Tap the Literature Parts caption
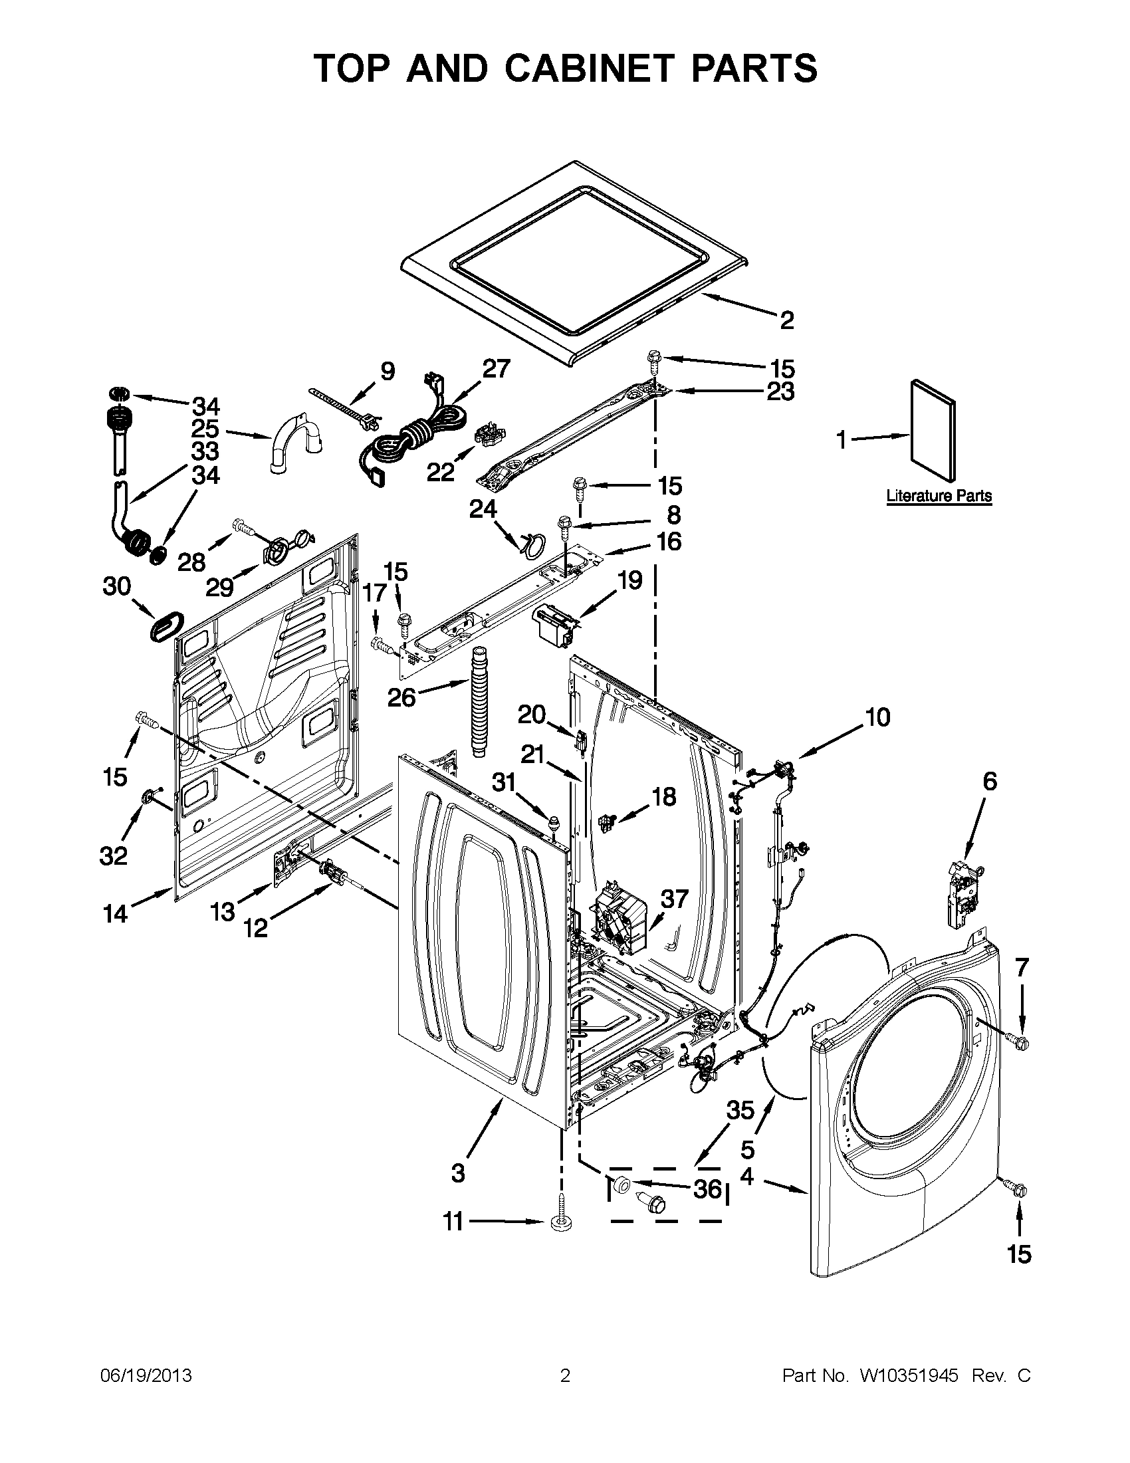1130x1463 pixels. click(x=939, y=497)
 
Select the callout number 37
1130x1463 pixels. click(x=674, y=899)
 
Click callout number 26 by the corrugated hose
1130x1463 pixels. click(x=402, y=697)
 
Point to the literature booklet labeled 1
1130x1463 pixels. click(x=933, y=431)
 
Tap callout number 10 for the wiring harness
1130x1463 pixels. click(x=877, y=718)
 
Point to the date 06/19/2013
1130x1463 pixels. click(x=146, y=1375)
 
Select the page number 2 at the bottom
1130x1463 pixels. click(x=564, y=1375)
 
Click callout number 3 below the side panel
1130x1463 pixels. click(x=458, y=1173)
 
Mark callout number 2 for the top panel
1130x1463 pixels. click(x=786, y=320)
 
